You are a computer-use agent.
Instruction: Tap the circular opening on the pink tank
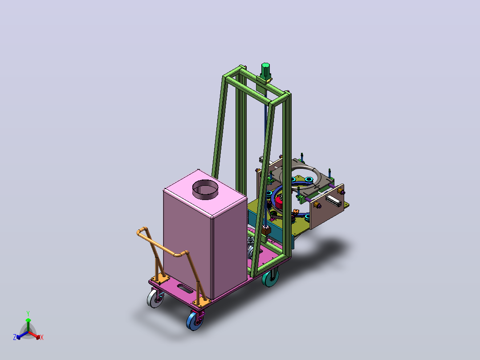tap(205, 189)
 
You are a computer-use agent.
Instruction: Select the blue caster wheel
tap(195, 320)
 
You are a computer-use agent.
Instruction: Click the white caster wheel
tap(154, 298)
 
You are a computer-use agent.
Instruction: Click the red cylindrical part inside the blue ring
tap(281, 202)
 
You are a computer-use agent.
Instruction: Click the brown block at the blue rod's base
tap(266, 230)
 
